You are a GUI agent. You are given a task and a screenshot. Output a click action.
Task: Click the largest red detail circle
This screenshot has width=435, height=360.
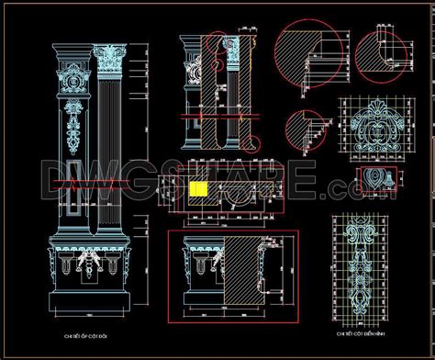[x=298, y=58]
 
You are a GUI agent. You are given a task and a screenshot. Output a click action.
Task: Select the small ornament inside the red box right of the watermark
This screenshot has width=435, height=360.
[x=374, y=174]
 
